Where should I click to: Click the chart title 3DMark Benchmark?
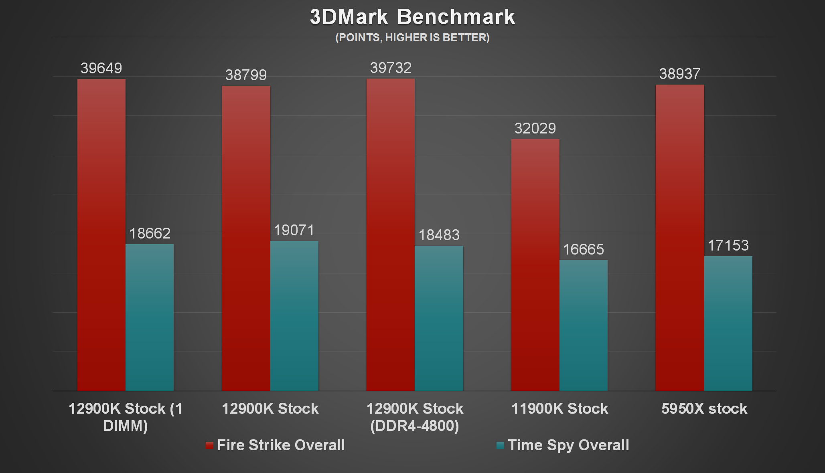tap(412, 17)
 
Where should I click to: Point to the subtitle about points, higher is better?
tap(412, 38)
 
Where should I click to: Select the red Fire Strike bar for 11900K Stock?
tap(535, 265)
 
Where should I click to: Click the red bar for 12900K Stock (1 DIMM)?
tap(101, 234)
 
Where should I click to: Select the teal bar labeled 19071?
tap(294, 315)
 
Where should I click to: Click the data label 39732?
tap(391, 68)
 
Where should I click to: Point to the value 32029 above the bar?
tap(535, 129)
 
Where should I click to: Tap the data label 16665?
tap(583, 250)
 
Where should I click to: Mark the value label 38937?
tap(680, 74)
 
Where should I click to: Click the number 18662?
tap(150, 233)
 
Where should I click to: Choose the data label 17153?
tap(728, 246)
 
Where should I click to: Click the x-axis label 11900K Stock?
tap(559, 409)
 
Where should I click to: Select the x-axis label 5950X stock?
tap(704, 409)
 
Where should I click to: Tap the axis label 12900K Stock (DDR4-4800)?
tap(415, 417)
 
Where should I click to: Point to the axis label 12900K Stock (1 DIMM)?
tap(126, 417)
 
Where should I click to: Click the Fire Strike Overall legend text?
tap(281, 445)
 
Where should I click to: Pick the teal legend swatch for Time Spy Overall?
tap(500, 445)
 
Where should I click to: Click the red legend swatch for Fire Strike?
tap(209, 445)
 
